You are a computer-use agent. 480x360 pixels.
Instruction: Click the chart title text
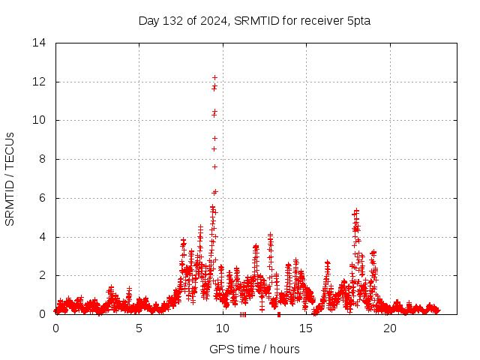click(254, 20)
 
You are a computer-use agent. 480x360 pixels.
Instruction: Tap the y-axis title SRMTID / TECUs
click(10, 178)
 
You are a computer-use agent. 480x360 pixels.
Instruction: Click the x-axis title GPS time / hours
click(254, 349)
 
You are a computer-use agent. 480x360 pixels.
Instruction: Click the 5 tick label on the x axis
click(139, 328)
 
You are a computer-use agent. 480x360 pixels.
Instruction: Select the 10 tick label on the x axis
click(223, 328)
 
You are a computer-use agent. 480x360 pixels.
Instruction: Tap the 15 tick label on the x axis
click(306, 328)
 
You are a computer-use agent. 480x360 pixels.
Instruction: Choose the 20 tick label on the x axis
click(390, 328)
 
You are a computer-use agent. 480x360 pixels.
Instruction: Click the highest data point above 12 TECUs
click(214, 77)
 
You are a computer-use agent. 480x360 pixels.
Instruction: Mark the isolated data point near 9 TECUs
click(214, 138)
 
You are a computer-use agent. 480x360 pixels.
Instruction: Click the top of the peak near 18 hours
click(357, 211)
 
